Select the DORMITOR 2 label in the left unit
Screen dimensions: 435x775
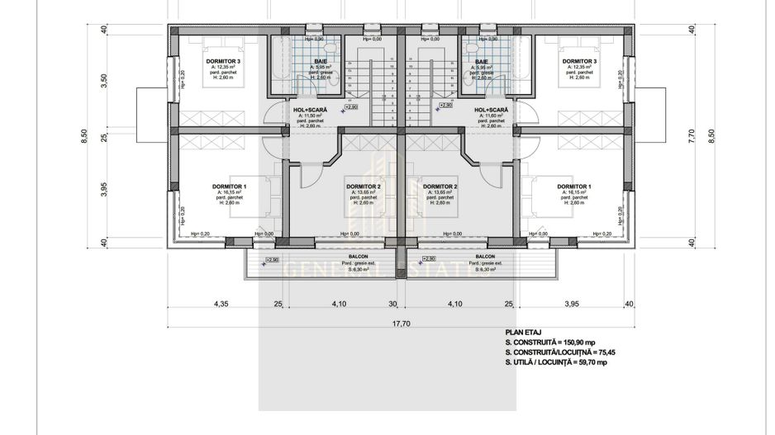[x=363, y=187]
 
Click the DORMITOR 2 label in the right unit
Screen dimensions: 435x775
[x=440, y=187]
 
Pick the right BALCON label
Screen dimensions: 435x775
[x=486, y=257]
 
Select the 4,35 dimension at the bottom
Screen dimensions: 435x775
[x=221, y=304]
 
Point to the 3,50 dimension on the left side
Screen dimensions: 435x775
[x=104, y=82]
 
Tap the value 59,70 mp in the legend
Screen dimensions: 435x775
[x=590, y=362]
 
